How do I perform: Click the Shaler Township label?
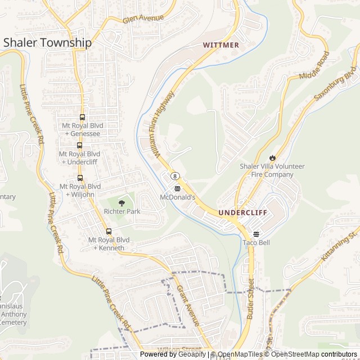tap(47, 43)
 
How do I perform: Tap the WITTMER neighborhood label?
tap(221, 45)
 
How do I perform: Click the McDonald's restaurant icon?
tap(178, 188)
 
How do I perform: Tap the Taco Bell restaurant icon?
tap(256, 234)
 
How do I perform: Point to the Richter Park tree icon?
tap(121, 202)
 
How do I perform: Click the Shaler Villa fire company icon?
tap(273, 157)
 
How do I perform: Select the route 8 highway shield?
tap(175, 177)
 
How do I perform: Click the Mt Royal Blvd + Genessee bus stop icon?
tap(83, 118)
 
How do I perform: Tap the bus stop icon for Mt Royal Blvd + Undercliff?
tap(79, 145)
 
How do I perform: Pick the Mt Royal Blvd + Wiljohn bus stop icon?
tap(79, 177)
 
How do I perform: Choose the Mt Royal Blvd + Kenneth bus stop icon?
tap(109, 231)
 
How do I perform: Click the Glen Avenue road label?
tap(143, 19)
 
